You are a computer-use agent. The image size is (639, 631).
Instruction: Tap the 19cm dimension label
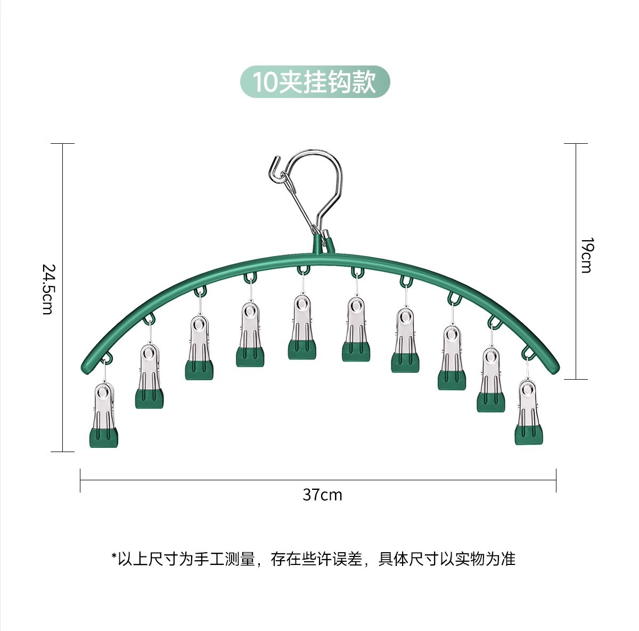[586, 255]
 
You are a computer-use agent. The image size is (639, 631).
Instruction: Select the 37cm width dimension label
[322, 495]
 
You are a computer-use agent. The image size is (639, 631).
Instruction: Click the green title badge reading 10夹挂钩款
[315, 82]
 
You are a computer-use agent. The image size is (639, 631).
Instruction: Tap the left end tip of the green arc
[87, 358]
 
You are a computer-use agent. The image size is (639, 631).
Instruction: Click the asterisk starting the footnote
[113, 558]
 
